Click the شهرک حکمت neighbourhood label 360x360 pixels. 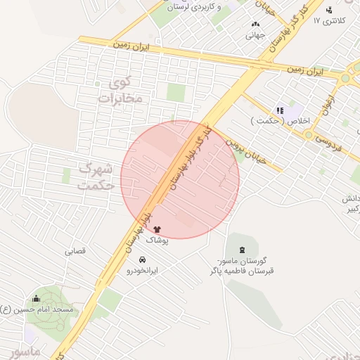(x=97, y=177)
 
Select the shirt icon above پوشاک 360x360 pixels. (x=156, y=229)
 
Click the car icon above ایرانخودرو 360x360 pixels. (x=143, y=258)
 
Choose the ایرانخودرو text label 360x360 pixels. (x=143, y=269)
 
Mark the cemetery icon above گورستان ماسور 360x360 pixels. (x=243, y=250)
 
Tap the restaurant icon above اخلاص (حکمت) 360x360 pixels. (x=280, y=110)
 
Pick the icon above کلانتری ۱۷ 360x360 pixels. (x=329, y=9)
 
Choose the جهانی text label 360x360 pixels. (x=255, y=34)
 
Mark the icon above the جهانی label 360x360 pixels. (x=255, y=23)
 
